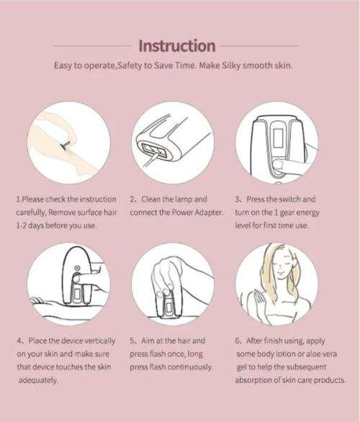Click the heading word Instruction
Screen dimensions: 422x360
176,46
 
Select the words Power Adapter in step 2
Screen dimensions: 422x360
198,213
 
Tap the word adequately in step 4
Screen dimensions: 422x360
37,380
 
